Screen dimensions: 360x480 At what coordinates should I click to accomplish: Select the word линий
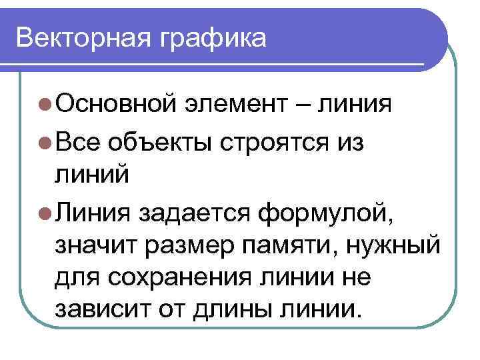[x=90, y=177]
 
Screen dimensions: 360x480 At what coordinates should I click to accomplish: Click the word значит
[x=93, y=247]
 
